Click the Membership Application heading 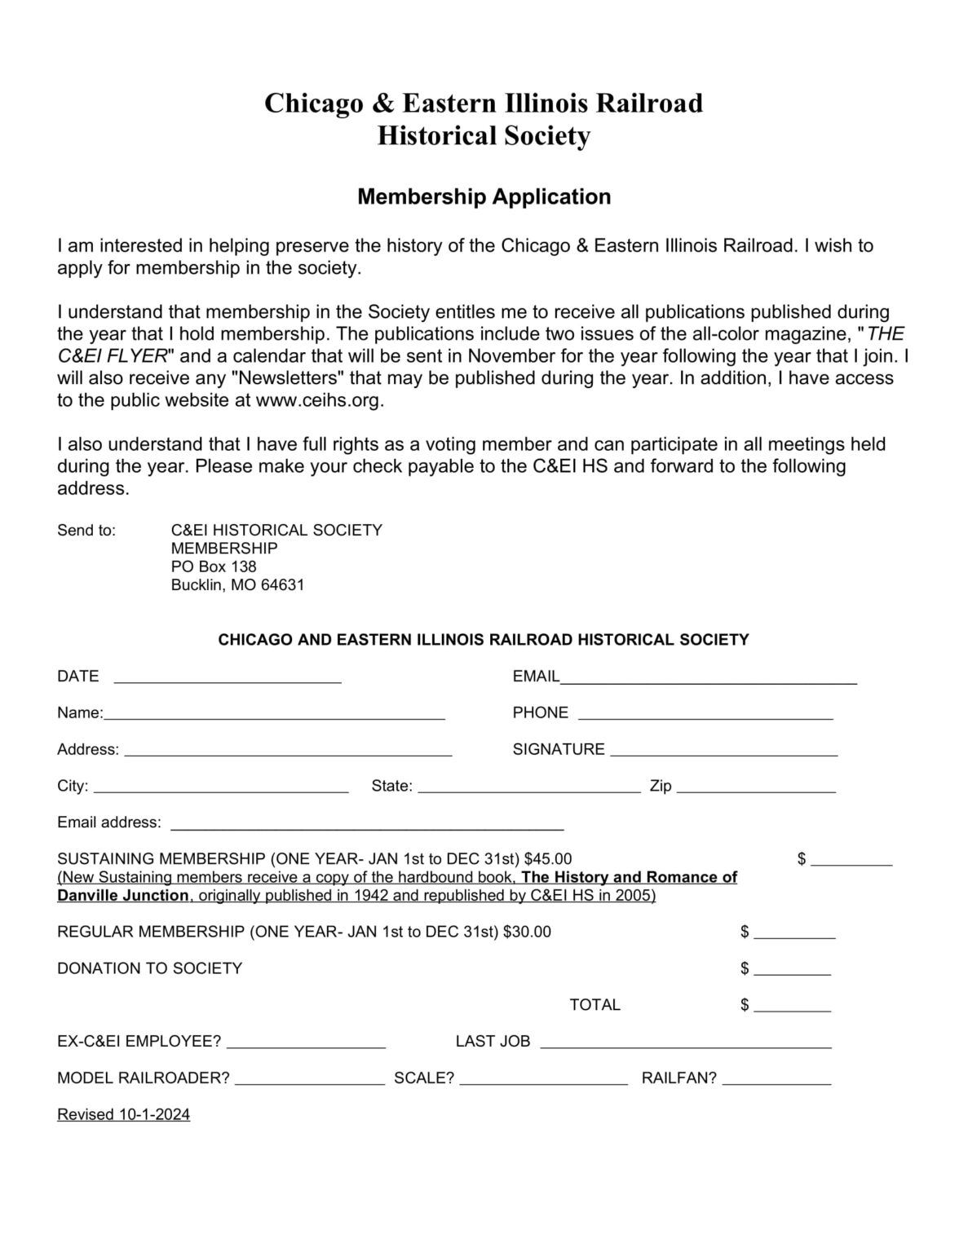pos(484,197)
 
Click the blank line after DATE pos(228,677)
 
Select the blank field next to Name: pos(274,713)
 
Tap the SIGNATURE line pos(723,750)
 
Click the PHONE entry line pos(705,713)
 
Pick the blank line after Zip pos(756,787)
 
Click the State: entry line pos(529,787)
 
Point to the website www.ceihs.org pos(319,400)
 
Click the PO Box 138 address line pos(214,566)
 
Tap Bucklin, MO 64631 pos(237,585)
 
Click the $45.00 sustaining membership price pos(548,859)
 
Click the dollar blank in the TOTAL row pos(792,1005)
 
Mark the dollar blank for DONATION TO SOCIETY pos(792,968)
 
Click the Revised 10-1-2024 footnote pos(123,1115)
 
